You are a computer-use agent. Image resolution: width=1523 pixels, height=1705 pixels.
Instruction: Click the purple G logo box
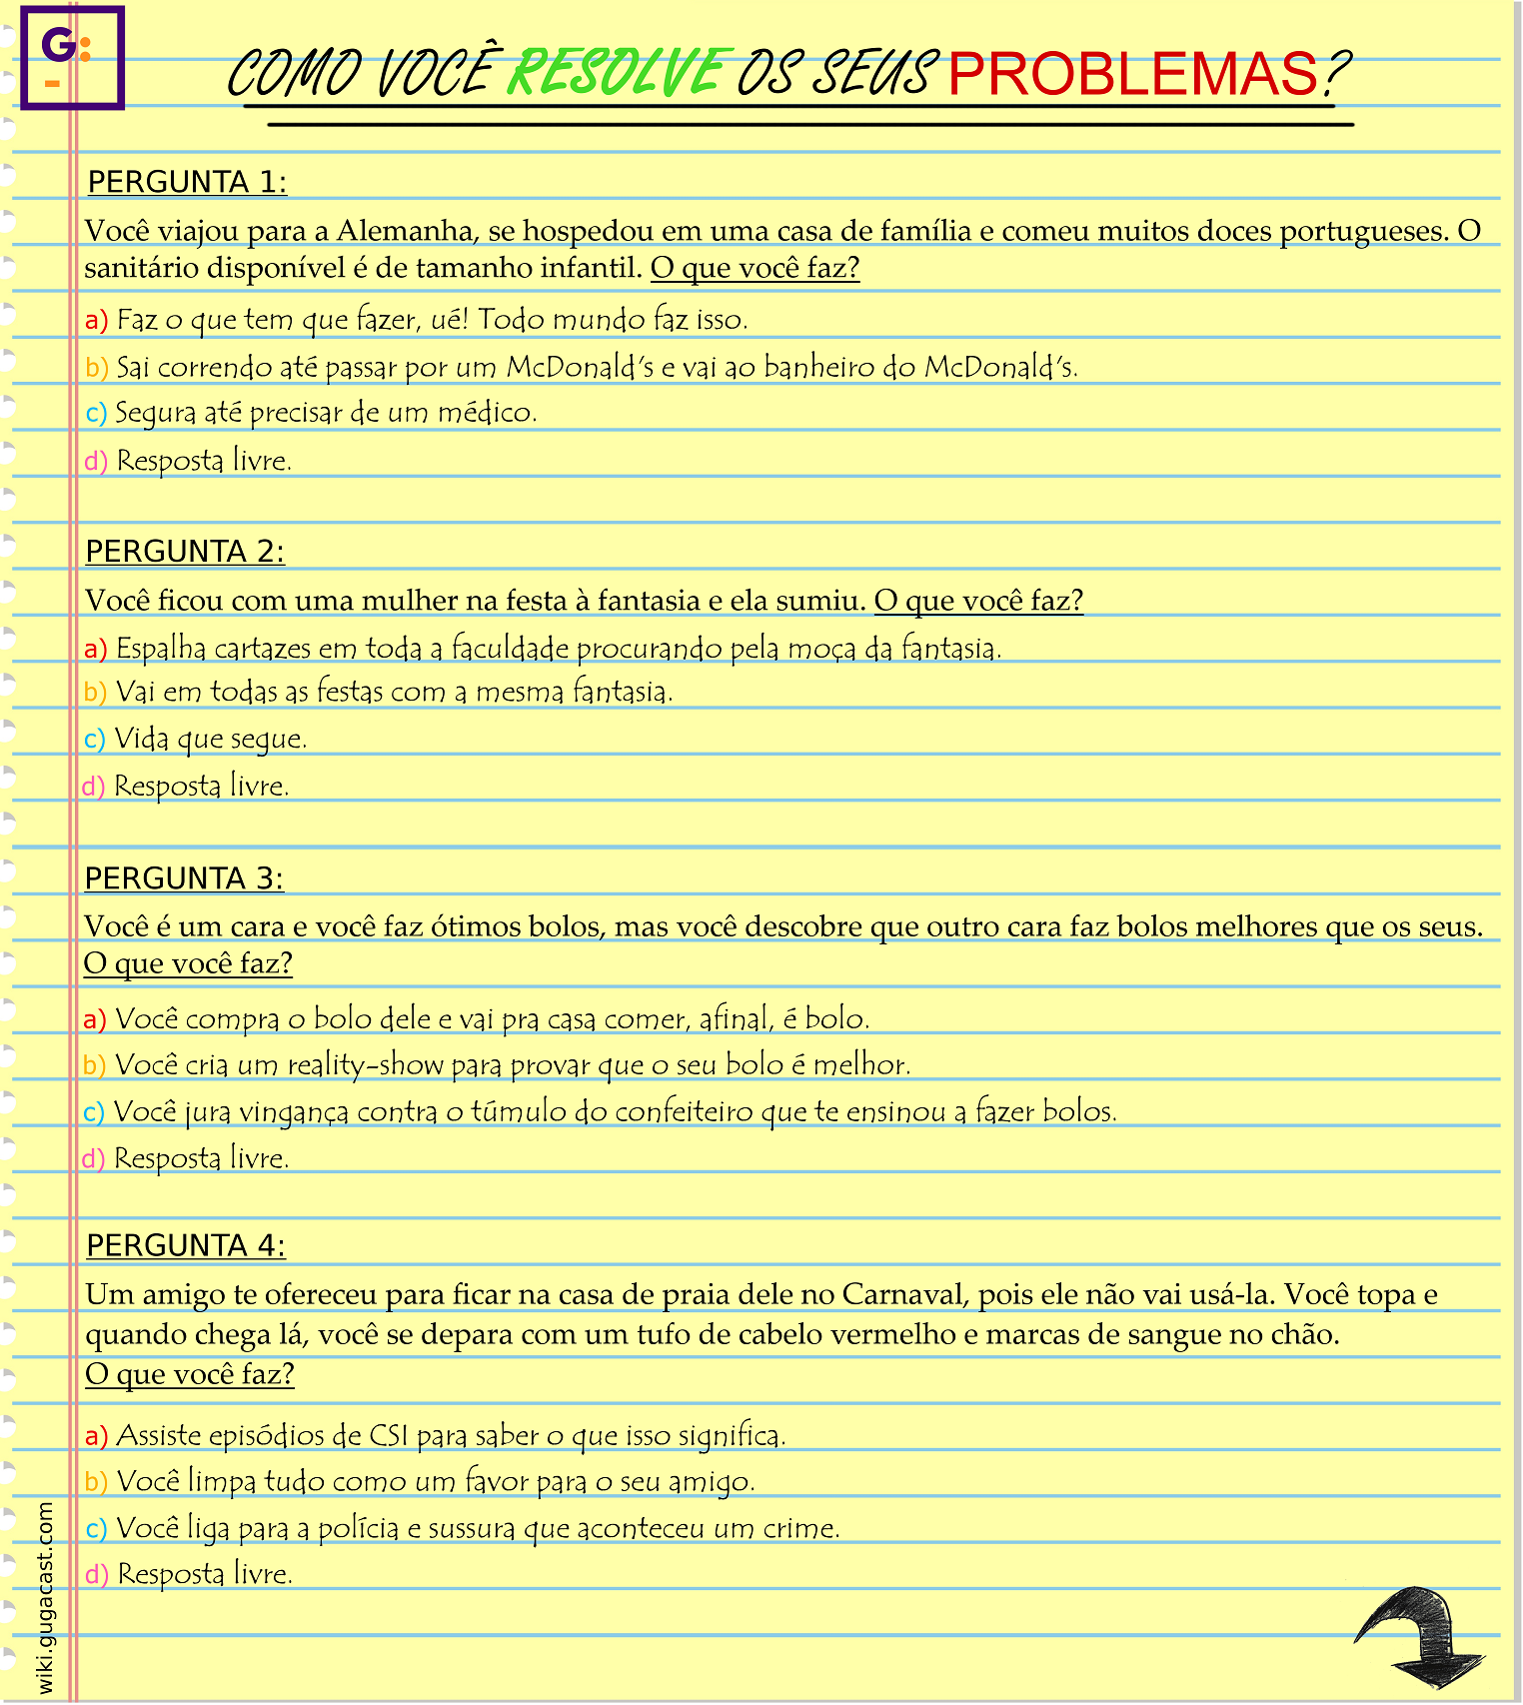72,57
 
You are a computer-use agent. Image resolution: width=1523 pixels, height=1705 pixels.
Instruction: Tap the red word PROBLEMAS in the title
1132,74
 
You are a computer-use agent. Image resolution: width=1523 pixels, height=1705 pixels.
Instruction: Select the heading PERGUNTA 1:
187,183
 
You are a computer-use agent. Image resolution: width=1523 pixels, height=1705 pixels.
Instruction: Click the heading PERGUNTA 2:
185,552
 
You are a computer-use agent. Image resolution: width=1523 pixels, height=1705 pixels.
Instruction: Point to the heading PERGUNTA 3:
184,878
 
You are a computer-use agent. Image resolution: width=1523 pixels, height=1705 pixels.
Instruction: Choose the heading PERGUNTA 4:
186,1246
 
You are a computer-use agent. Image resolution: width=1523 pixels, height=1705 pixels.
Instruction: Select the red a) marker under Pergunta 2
95,650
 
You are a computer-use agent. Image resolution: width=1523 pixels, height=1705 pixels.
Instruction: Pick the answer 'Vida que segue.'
210,740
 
